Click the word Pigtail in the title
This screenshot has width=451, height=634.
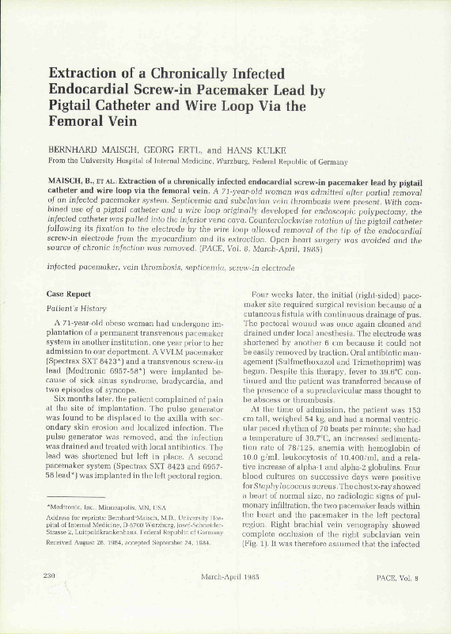point(74,105)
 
